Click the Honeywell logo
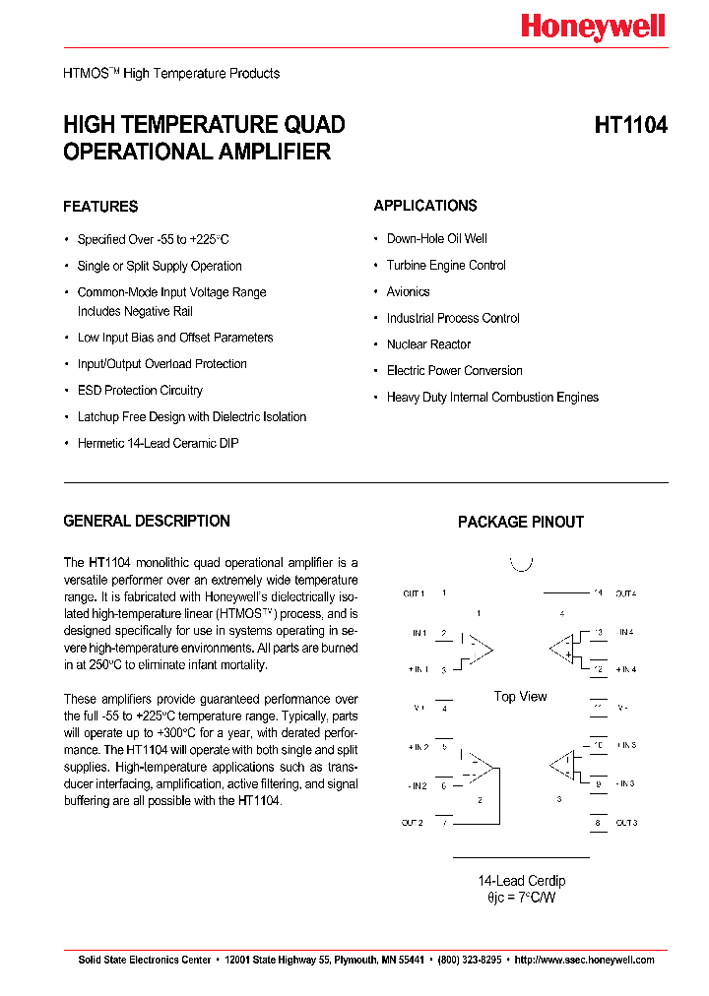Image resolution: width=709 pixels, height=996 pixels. click(593, 28)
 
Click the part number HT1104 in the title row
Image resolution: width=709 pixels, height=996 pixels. click(630, 126)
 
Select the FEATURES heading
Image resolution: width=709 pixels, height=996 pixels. click(100, 207)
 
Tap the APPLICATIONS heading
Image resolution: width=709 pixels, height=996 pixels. click(425, 206)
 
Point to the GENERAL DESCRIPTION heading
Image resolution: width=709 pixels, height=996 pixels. click(147, 522)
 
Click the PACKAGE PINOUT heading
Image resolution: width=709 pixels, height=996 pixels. click(521, 523)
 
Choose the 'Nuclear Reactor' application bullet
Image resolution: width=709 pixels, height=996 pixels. click(428, 344)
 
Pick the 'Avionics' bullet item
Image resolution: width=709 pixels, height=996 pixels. click(408, 291)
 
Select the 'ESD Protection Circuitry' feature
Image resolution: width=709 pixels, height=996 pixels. click(140, 391)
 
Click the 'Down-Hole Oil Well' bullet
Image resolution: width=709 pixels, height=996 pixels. click(436, 239)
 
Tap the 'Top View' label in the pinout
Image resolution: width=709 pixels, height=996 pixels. click(520, 697)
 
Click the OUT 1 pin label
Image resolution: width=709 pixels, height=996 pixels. click(414, 593)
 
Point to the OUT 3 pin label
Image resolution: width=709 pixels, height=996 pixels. click(626, 823)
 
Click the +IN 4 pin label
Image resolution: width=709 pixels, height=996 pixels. click(626, 669)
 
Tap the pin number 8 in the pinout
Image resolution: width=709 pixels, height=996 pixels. click(597, 823)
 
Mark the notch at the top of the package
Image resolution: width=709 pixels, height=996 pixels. click(521, 564)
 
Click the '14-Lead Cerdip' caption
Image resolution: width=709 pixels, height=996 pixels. click(521, 881)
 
